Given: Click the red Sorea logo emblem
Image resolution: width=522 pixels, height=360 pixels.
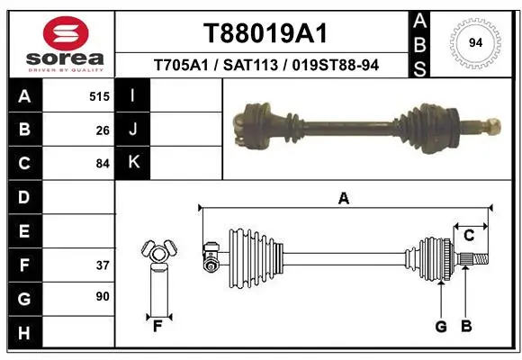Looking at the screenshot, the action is click(66, 33).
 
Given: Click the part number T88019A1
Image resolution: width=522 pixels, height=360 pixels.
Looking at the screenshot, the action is click(265, 33).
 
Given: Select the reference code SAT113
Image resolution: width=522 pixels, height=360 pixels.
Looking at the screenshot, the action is click(250, 65).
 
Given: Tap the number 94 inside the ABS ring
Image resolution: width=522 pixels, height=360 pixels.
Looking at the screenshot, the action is click(475, 43).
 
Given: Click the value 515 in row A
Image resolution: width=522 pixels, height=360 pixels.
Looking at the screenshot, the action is click(99, 96).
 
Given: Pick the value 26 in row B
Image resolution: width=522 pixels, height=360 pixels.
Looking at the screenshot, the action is click(103, 130).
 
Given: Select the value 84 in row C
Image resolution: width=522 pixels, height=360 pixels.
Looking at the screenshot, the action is click(103, 164).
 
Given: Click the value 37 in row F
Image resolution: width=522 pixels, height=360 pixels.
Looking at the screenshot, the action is click(103, 265).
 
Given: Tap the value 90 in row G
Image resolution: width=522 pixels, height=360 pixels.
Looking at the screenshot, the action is click(103, 296).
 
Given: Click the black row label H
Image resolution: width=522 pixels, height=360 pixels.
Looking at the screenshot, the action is click(25, 332).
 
